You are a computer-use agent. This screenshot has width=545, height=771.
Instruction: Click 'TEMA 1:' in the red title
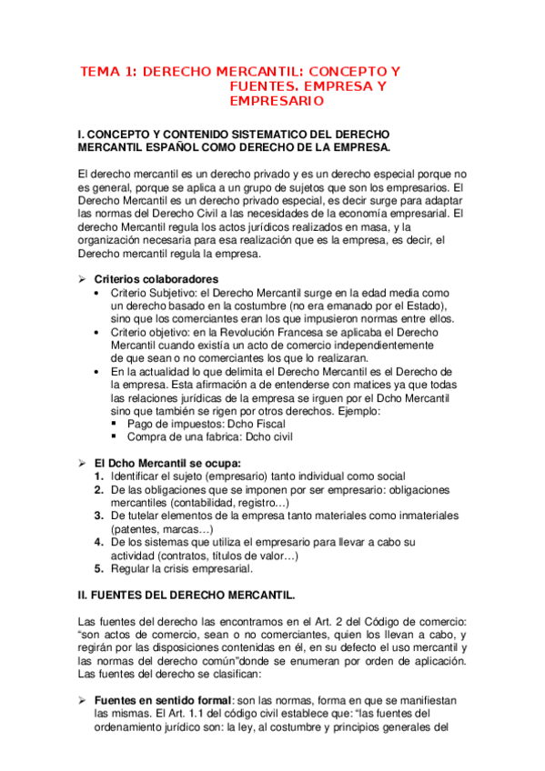[109, 71]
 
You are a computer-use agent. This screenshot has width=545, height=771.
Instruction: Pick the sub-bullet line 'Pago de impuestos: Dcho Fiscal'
[207, 424]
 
